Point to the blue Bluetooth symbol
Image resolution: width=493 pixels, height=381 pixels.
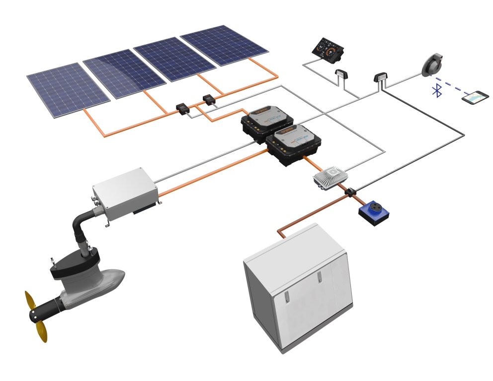(437, 90)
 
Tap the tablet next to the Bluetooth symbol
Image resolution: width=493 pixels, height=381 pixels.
(475, 97)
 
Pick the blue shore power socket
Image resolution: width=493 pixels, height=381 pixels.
(374, 212)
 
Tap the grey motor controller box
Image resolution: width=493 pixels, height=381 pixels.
(125, 193)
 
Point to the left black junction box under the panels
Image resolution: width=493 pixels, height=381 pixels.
(183, 108)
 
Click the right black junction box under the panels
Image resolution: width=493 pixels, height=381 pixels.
(209, 100)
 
